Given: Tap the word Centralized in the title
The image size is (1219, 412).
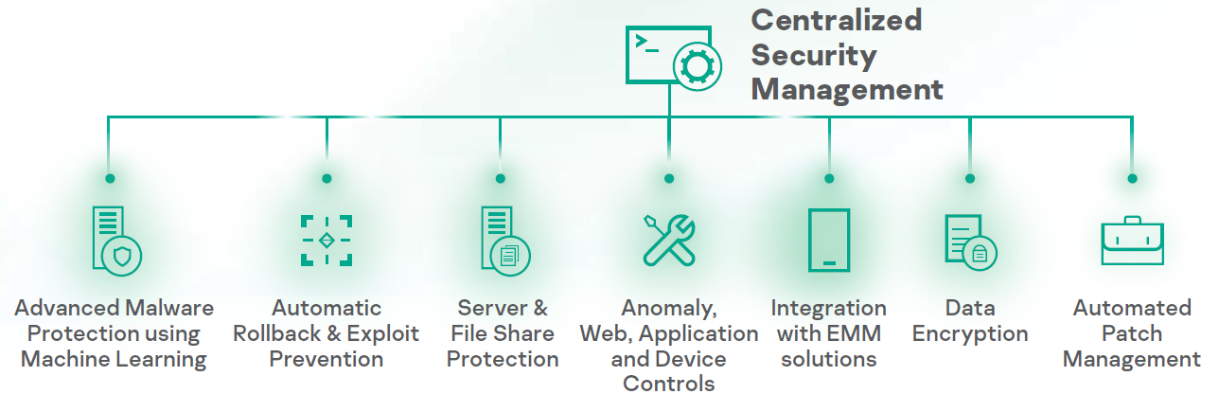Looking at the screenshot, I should pyautogui.click(x=836, y=21).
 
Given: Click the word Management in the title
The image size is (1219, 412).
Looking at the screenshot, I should pyautogui.click(x=847, y=90).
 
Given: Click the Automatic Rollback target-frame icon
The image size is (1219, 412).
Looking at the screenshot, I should pyautogui.click(x=327, y=240).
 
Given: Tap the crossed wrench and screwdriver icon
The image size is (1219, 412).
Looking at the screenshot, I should pyautogui.click(x=669, y=239).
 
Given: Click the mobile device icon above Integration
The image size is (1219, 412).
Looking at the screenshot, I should pyautogui.click(x=829, y=240).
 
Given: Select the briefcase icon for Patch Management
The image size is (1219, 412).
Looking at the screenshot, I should pyautogui.click(x=1132, y=242).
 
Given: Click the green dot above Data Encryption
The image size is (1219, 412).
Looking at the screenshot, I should pyautogui.click(x=970, y=178).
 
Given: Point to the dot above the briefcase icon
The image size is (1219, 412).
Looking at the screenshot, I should pyautogui.click(x=1132, y=178).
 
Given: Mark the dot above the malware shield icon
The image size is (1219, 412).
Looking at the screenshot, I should pyautogui.click(x=110, y=178).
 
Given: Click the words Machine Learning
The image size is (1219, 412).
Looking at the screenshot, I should pyautogui.click(x=114, y=360).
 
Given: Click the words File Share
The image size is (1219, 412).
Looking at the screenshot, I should pyautogui.click(x=503, y=333).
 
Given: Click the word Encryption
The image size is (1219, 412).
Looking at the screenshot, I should pyautogui.click(x=970, y=334).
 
